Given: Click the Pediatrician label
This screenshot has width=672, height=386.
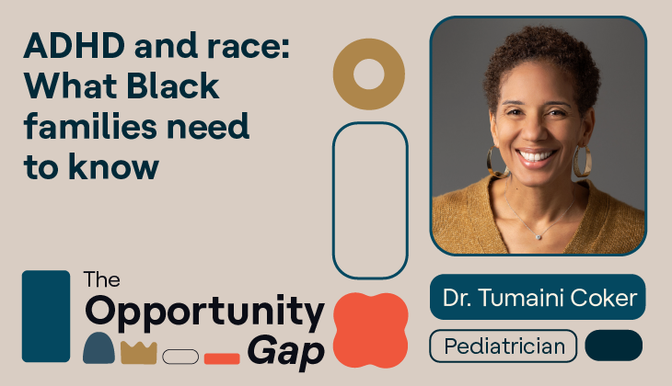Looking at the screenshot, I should [503, 347].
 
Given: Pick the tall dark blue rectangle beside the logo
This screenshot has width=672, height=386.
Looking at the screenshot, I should [45, 315].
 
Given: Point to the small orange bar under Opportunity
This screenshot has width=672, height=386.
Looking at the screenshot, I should [222, 358].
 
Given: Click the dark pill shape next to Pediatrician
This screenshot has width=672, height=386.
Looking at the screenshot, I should [613, 346].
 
